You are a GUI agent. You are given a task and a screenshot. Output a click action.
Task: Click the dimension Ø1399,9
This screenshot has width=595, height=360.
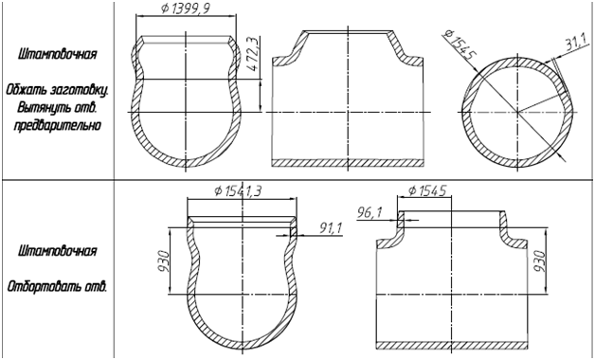click(185, 9)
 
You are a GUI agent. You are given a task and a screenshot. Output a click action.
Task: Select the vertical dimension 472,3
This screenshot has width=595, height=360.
click(252, 53)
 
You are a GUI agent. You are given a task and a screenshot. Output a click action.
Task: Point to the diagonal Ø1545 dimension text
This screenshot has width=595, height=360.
click(459, 45)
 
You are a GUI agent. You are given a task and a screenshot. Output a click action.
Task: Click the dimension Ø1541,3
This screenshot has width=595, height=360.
click(238, 190)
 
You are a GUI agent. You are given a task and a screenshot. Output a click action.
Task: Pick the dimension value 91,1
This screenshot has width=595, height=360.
click(331, 228)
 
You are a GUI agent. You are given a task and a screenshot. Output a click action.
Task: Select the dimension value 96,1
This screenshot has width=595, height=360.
click(370, 213)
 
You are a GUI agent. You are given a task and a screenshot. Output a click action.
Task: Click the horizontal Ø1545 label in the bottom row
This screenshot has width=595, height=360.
click(427, 190)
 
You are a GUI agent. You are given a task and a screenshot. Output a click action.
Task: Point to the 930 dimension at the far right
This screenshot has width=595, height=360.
click(540, 261)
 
